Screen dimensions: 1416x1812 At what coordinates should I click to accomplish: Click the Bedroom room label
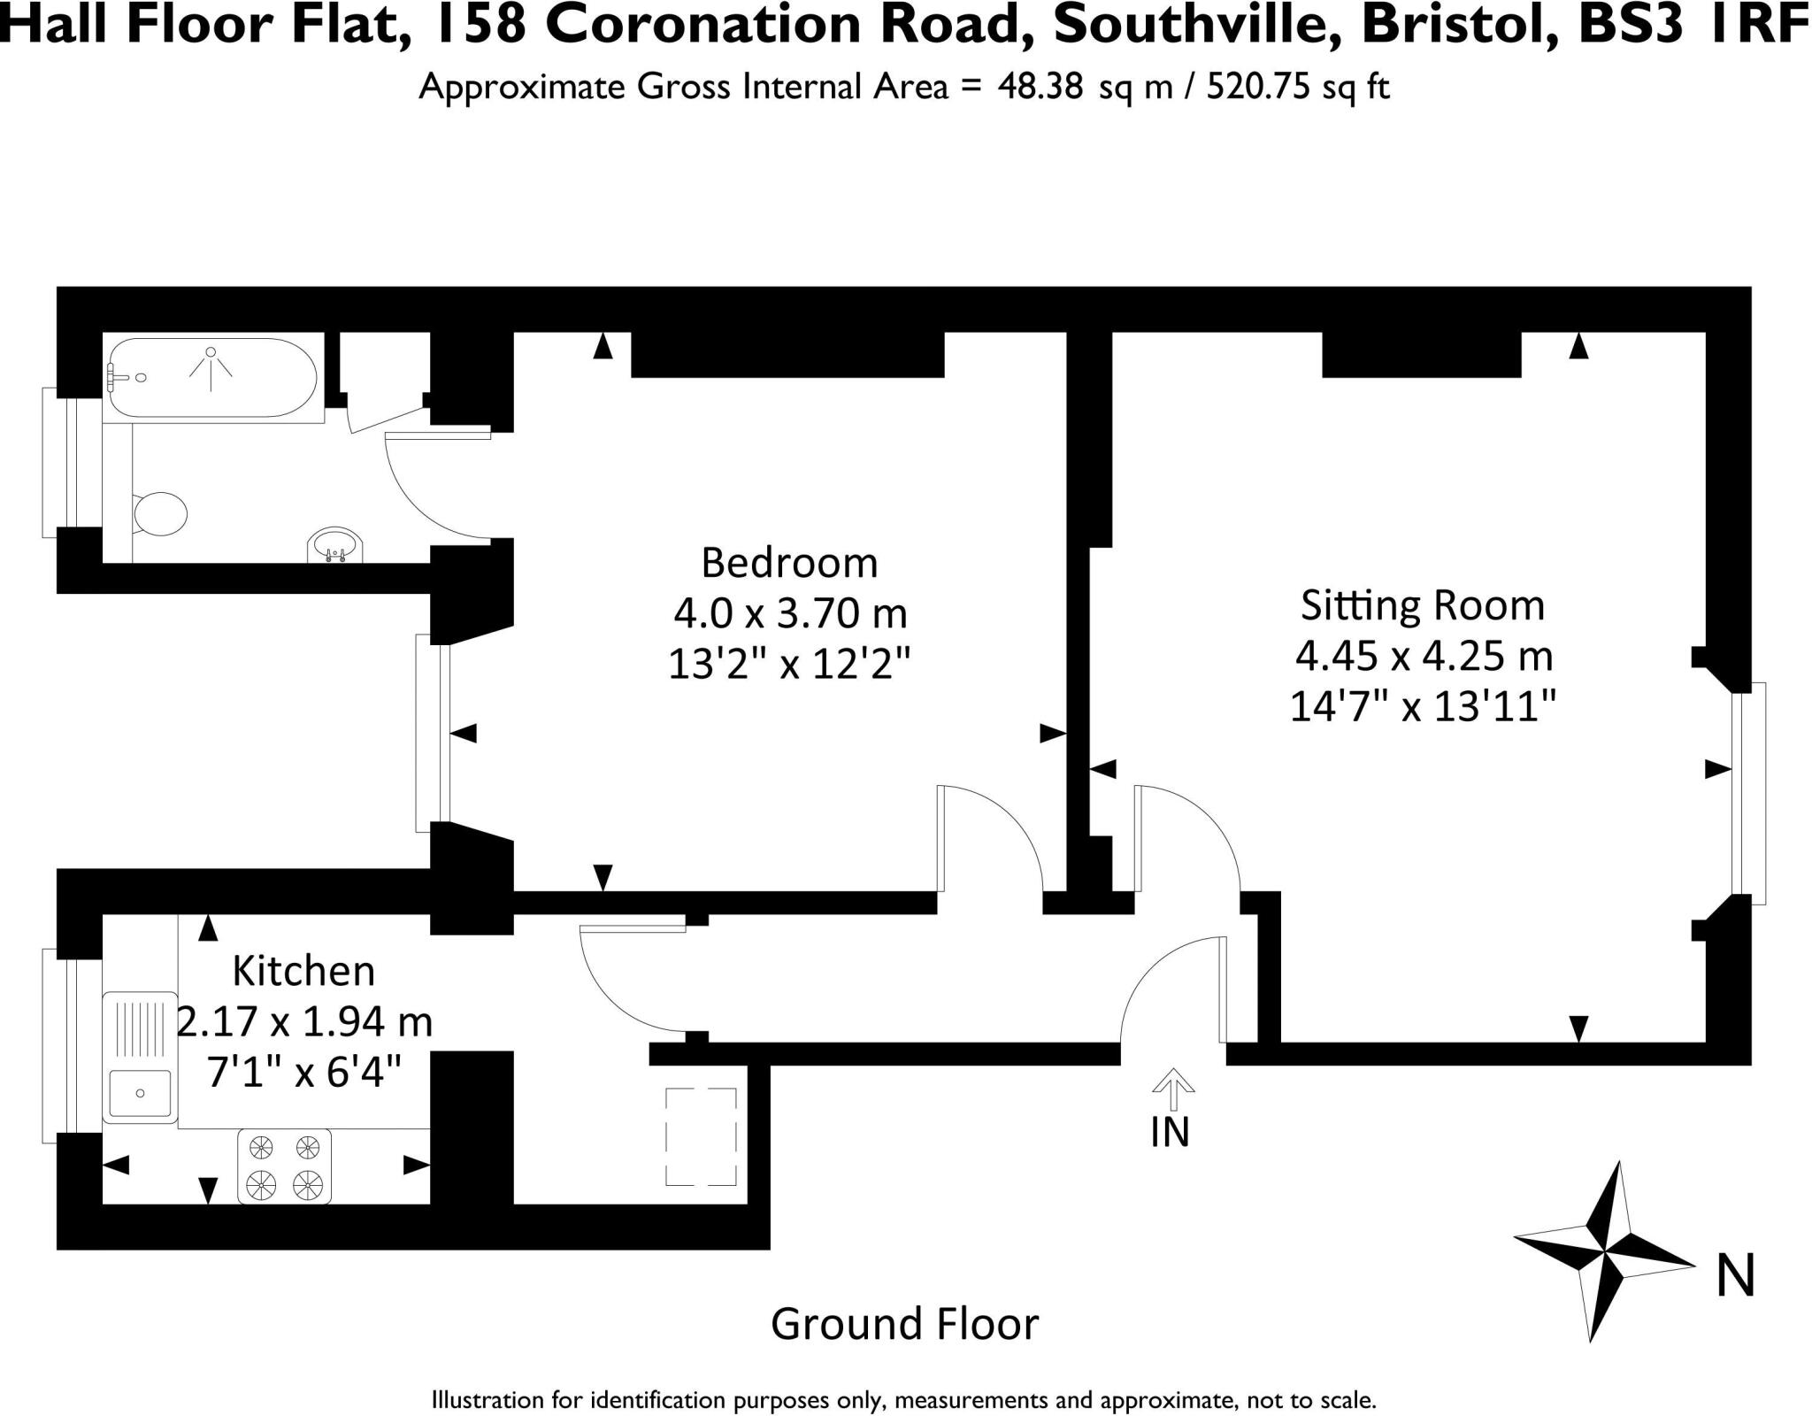789,563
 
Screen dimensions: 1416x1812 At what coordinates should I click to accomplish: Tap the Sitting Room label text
1422,605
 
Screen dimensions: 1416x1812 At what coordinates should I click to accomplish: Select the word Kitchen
303,971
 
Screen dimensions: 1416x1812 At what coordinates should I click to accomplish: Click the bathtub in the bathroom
211,377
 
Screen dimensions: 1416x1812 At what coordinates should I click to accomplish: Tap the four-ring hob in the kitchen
284,1166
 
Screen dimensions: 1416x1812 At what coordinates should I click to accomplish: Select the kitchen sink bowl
140,1093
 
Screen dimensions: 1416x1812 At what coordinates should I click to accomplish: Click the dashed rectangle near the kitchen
701,1137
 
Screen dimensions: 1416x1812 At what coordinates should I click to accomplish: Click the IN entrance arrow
1172,1090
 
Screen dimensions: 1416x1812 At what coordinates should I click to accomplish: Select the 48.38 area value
1040,87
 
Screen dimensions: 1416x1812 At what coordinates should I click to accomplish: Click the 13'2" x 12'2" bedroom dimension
789,663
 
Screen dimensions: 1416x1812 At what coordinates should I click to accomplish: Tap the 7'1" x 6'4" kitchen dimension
303,1073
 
